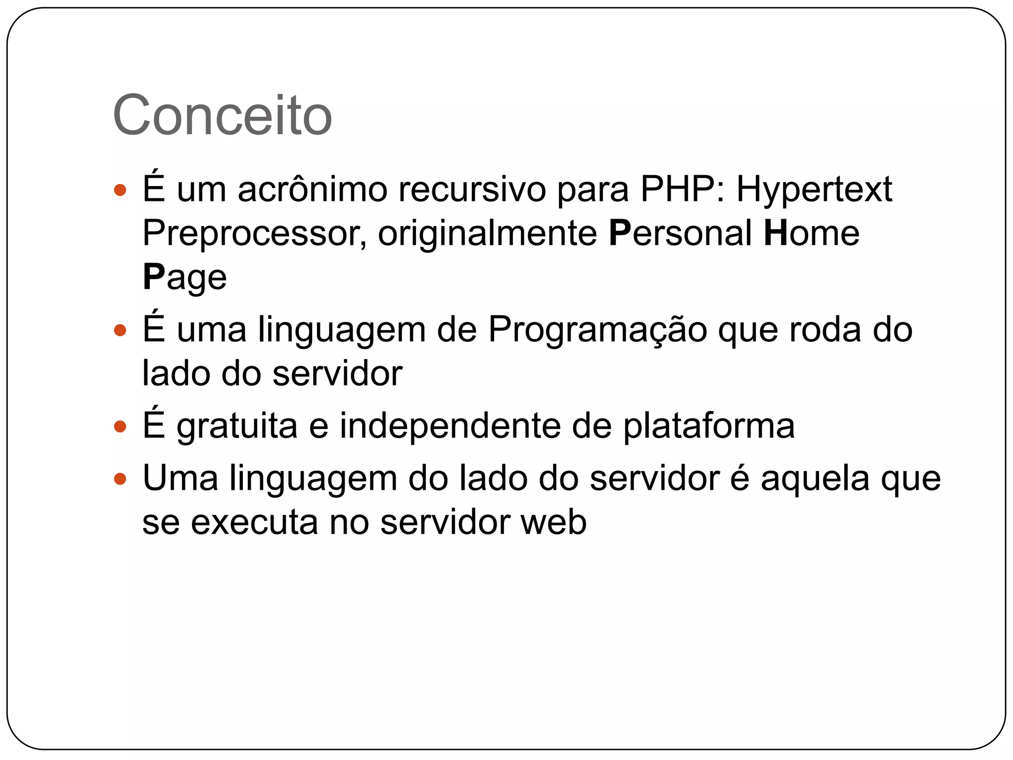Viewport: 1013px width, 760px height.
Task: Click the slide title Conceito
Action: point(222,115)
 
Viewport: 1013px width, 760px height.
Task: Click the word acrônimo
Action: point(313,190)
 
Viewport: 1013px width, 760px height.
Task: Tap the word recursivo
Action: point(472,190)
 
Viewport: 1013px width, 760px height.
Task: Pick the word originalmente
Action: point(488,234)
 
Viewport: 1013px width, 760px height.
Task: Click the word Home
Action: point(811,233)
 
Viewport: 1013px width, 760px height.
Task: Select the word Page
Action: point(184,278)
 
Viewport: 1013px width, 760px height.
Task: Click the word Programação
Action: point(598,330)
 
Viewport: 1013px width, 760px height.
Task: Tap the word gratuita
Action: point(237,427)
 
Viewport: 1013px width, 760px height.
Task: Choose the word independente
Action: point(450,427)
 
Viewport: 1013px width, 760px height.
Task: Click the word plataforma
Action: point(708,427)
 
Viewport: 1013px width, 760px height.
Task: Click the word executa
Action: point(254,522)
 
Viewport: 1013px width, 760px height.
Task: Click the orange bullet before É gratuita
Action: point(120,426)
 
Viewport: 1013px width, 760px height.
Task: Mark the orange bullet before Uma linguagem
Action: point(120,478)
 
